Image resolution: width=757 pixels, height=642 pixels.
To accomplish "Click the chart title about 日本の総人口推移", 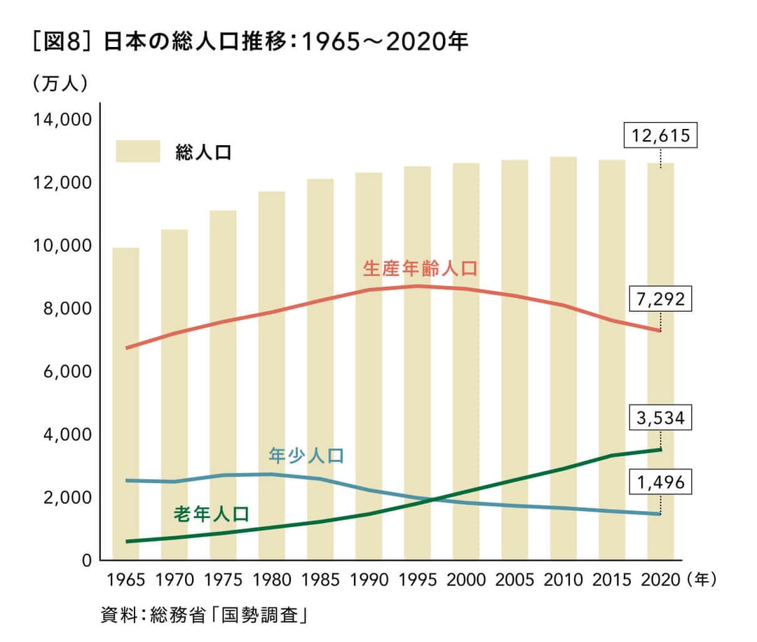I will tap(250, 43).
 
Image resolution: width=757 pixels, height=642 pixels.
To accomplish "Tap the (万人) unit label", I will tap(60, 83).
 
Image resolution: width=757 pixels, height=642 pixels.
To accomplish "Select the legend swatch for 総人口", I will tap(138, 151).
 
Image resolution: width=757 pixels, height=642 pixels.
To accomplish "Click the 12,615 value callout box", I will tap(661, 135).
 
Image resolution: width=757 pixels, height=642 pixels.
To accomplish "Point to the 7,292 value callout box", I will tap(661, 299).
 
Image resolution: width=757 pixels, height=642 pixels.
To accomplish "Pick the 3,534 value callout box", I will tap(661, 418).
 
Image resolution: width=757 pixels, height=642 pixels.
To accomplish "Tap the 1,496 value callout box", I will tap(661, 482).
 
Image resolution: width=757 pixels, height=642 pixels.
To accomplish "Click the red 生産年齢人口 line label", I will tap(419, 268).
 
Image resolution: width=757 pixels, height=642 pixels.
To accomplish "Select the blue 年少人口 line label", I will tap(306, 456).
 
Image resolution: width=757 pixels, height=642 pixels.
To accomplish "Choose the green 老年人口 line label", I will tap(211, 514).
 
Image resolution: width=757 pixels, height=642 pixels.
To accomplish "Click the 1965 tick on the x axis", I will tap(126, 580).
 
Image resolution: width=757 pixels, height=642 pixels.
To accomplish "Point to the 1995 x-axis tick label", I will tap(418, 580).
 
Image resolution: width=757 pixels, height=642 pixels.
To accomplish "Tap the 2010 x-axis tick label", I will tap(564, 580).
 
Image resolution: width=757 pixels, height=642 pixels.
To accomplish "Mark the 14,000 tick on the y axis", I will tap(62, 120).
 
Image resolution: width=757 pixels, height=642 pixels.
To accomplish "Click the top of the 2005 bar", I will tap(515, 161).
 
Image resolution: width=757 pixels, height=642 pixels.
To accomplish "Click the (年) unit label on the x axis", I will tap(702, 580).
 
